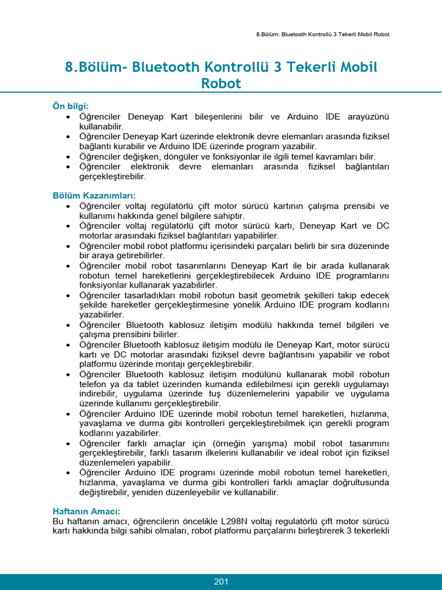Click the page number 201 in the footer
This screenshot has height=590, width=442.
point(221,581)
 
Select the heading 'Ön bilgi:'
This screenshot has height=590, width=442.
point(71,107)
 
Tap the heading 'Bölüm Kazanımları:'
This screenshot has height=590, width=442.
point(94,195)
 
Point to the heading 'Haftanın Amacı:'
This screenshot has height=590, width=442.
point(86,511)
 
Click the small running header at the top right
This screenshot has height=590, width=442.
point(322,34)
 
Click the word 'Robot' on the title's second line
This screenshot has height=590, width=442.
point(221,84)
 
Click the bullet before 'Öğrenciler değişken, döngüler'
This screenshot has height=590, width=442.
point(68,156)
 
